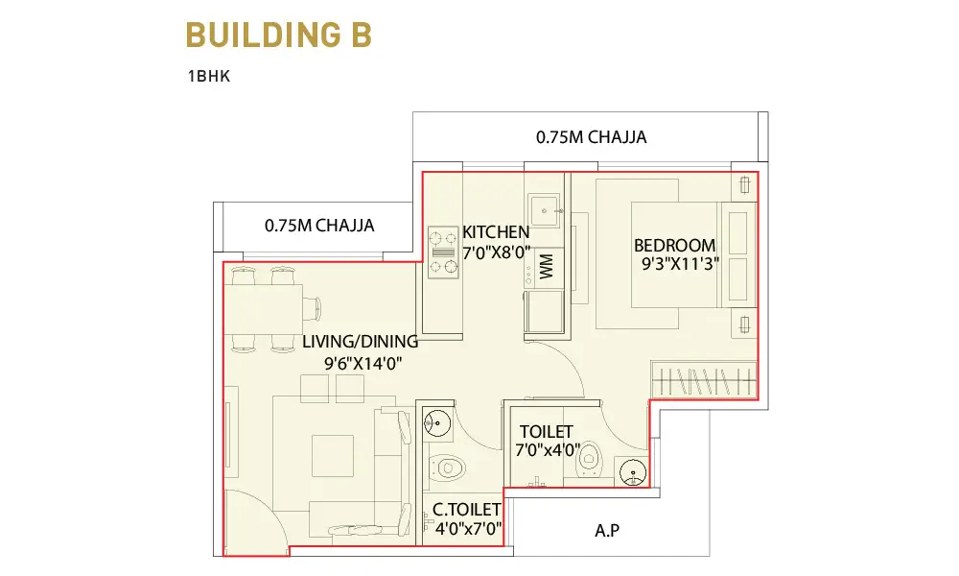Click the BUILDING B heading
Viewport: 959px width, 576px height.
pyautogui.click(x=279, y=35)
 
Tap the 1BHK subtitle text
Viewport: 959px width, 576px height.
pyautogui.click(x=208, y=76)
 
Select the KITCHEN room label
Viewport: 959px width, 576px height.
pyautogui.click(x=496, y=232)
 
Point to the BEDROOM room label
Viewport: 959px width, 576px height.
pyautogui.click(x=674, y=246)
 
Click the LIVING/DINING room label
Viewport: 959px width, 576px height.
pyautogui.click(x=361, y=342)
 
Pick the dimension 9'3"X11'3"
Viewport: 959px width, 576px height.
pyautogui.click(x=680, y=264)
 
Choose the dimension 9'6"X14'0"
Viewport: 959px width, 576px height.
pyautogui.click(x=363, y=364)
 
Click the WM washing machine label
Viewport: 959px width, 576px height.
pyautogui.click(x=547, y=266)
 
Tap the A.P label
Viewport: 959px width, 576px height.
pyautogui.click(x=607, y=530)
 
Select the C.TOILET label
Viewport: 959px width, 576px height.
pyautogui.click(x=467, y=509)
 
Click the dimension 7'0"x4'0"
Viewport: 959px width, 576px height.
pyautogui.click(x=548, y=450)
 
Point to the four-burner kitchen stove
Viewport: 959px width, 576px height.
pyautogui.click(x=443, y=252)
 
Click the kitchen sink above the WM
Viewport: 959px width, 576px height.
pyautogui.click(x=544, y=210)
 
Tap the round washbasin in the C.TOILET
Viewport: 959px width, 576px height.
pyautogui.click(x=437, y=422)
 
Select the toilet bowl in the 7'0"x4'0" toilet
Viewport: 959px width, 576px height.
pyautogui.click(x=590, y=460)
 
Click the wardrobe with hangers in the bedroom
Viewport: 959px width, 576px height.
pyautogui.click(x=704, y=380)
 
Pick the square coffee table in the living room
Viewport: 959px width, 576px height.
pyautogui.click(x=333, y=455)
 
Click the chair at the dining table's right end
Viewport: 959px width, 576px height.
pyautogui.click(x=312, y=308)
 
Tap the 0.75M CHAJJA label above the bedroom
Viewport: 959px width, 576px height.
pyautogui.click(x=592, y=137)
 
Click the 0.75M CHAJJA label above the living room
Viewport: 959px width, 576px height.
pyautogui.click(x=319, y=226)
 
